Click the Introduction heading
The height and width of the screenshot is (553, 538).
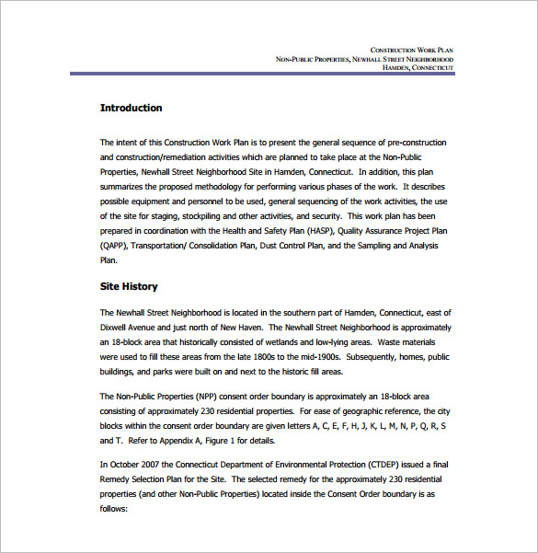click(x=131, y=108)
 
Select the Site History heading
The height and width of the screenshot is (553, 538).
click(x=129, y=286)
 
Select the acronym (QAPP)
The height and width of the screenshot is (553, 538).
click(x=113, y=246)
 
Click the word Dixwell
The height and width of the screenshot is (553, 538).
click(x=115, y=327)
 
